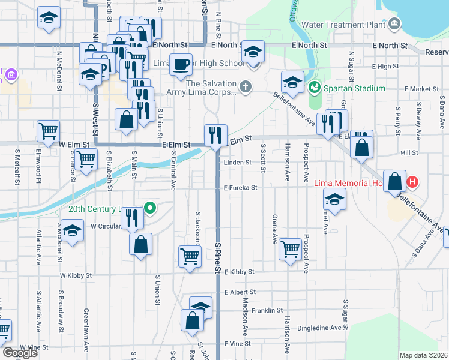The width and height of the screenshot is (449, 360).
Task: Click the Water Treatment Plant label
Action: click(343, 25)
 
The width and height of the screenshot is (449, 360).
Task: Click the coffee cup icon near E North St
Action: click(181, 64)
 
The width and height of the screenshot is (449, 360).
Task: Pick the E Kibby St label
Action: click(240, 272)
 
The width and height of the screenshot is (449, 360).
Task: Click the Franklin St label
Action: click(267, 310)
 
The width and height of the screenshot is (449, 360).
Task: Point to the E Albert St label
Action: click(240, 292)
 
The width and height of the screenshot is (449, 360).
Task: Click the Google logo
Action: click(20, 353)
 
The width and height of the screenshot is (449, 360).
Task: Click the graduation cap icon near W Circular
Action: click(71, 230)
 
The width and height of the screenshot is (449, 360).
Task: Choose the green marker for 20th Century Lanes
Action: click(151, 209)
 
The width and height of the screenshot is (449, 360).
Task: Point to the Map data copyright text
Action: click(423, 355)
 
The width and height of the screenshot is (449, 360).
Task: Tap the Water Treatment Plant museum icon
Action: click(394, 25)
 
